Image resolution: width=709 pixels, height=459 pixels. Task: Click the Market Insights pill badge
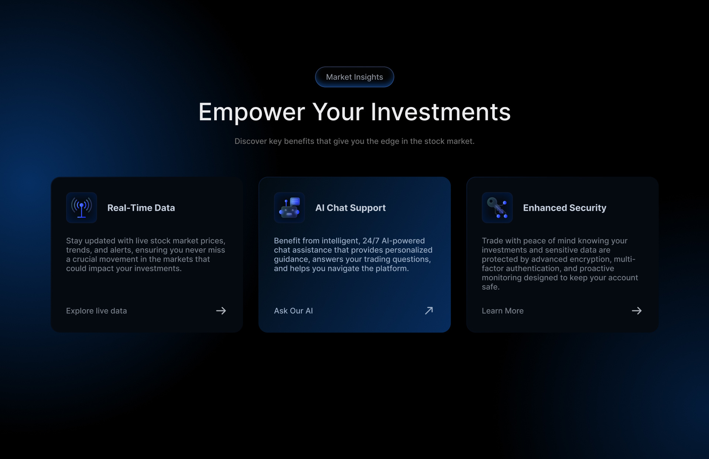pyautogui.click(x=354, y=77)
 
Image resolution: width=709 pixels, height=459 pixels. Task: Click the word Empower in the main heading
pyautogui.click(x=251, y=112)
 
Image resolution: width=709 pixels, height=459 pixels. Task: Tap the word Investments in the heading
pyautogui.click(x=441, y=112)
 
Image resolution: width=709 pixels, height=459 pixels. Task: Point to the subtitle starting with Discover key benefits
pyautogui.click(x=354, y=141)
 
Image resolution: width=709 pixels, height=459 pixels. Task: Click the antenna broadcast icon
pyautogui.click(x=82, y=208)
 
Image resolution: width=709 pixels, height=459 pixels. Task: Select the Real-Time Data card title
pyautogui.click(x=141, y=208)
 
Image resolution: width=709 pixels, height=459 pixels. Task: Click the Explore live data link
pyautogui.click(x=96, y=311)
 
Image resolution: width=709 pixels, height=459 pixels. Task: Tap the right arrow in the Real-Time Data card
pyautogui.click(x=221, y=311)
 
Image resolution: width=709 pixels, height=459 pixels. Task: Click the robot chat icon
pyautogui.click(x=290, y=208)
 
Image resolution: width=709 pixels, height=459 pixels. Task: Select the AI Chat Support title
pyautogui.click(x=350, y=208)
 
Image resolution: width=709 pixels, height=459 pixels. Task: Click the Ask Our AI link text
pyautogui.click(x=293, y=311)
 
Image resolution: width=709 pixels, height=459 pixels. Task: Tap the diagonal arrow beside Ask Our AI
pyautogui.click(x=429, y=311)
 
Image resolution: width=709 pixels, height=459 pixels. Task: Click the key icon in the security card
pyautogui.click(x=497, y=208)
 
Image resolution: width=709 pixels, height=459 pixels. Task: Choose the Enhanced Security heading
pyautogui.click(x=565, y=208)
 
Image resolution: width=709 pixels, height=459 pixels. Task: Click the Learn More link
pyautogui.click(x=503, y=311)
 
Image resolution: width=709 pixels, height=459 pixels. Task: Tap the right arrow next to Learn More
pyautogui.click(x=637, y=311)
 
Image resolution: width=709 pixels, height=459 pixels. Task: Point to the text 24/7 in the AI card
pyautogui.click(x=371, y=241)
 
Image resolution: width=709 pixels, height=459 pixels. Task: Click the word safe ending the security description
pyautogui.click(x=490, y=287)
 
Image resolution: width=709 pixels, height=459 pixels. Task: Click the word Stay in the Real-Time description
pyautogui.click(x=74, y=241)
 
